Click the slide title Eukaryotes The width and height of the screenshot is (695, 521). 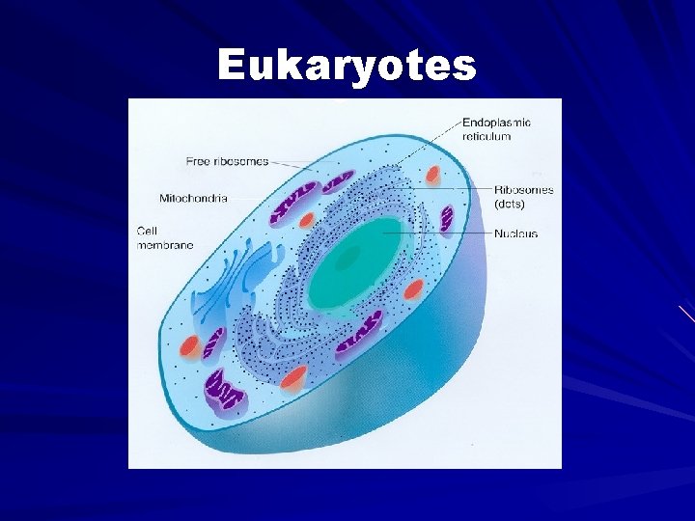(x=347, y=66)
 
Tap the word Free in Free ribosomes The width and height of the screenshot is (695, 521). (x=199, y=160)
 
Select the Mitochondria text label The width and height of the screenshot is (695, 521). (x=193, y=198)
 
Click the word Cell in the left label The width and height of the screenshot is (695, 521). (x=148, y=232)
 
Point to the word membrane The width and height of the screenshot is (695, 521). (x=165, y=245)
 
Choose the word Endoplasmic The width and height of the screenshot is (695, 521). (x=496, y=123)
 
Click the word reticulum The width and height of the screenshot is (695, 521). (x=486, y=136)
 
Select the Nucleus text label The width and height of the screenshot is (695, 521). (x=515, y=233)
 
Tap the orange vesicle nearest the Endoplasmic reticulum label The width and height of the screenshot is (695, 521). (x=434, y=176)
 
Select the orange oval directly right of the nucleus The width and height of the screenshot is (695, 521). (x=415, y=288)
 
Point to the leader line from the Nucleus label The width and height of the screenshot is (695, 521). (x=444, y=233)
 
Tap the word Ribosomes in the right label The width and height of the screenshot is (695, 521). (x=524, y=190)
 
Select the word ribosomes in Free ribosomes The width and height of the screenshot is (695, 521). (x=240, y=160)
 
